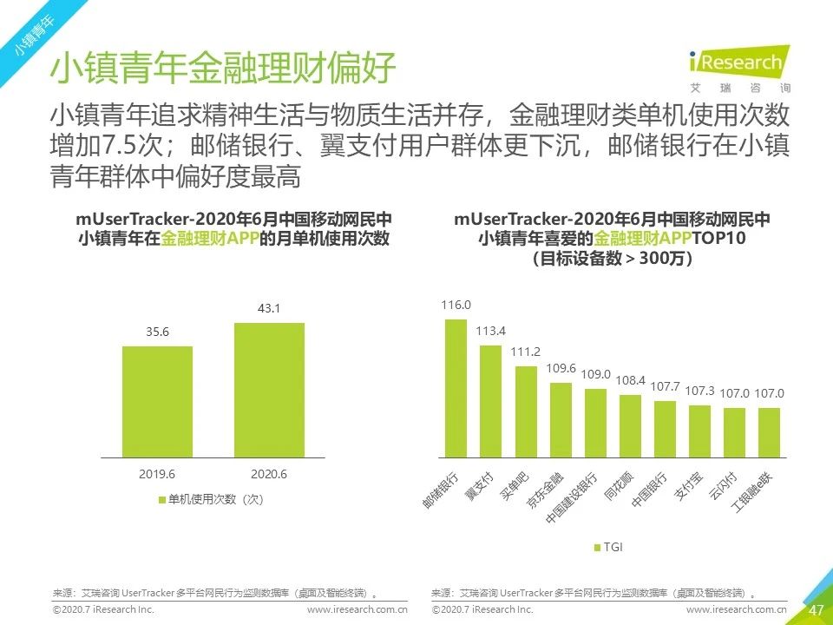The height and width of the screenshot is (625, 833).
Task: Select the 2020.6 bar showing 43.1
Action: click(x=269, y=390)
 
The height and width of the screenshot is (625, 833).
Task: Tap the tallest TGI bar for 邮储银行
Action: click(x=456, y=388)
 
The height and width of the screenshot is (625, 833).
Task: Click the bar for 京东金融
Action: click(x=561, y=419)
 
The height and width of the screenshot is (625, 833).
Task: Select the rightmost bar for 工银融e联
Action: click(x=769, y=432)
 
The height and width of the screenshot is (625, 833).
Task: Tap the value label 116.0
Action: click(x=456, y=306)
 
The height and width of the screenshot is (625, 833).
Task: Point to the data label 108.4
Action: click(x=630, y=380)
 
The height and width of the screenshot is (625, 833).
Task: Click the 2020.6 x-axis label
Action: click(x=269, y=474)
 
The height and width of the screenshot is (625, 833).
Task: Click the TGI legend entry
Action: click(x=608, y=547)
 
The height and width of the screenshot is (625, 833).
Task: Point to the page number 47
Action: click(x=816, y=610)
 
